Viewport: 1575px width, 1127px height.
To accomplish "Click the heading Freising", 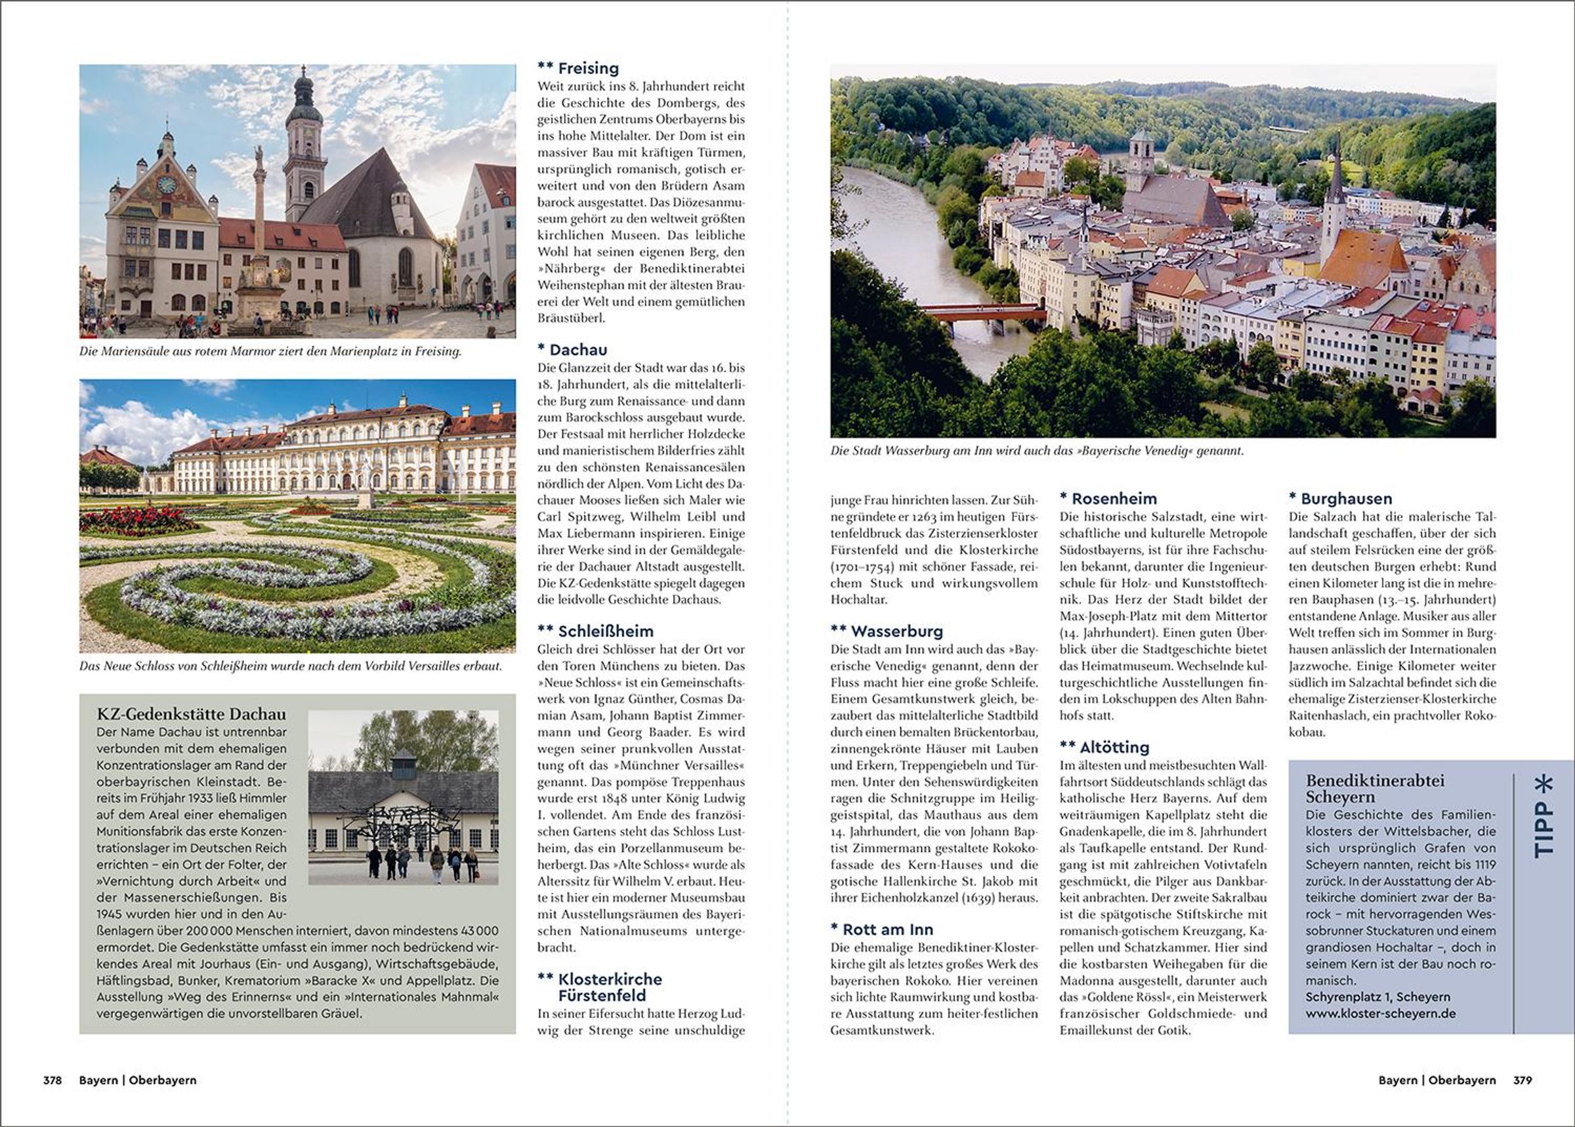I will [x=588, y=68].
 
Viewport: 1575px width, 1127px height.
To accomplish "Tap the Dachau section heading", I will [x=578, y=350].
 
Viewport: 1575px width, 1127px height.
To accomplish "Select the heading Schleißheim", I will [x=605, y=631].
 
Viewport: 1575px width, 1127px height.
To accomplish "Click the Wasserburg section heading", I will [x=896, y=631].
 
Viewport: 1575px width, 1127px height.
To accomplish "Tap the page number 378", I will [x=52, y=1080].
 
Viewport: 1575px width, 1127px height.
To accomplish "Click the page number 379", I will [x=1522, y=1080].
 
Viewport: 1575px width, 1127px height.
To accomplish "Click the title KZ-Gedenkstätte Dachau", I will [x=191, y=714].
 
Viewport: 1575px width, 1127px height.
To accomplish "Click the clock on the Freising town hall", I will [x=167, y=185].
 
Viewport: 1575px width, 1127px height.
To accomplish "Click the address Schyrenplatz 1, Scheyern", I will [x=1367, y=996].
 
